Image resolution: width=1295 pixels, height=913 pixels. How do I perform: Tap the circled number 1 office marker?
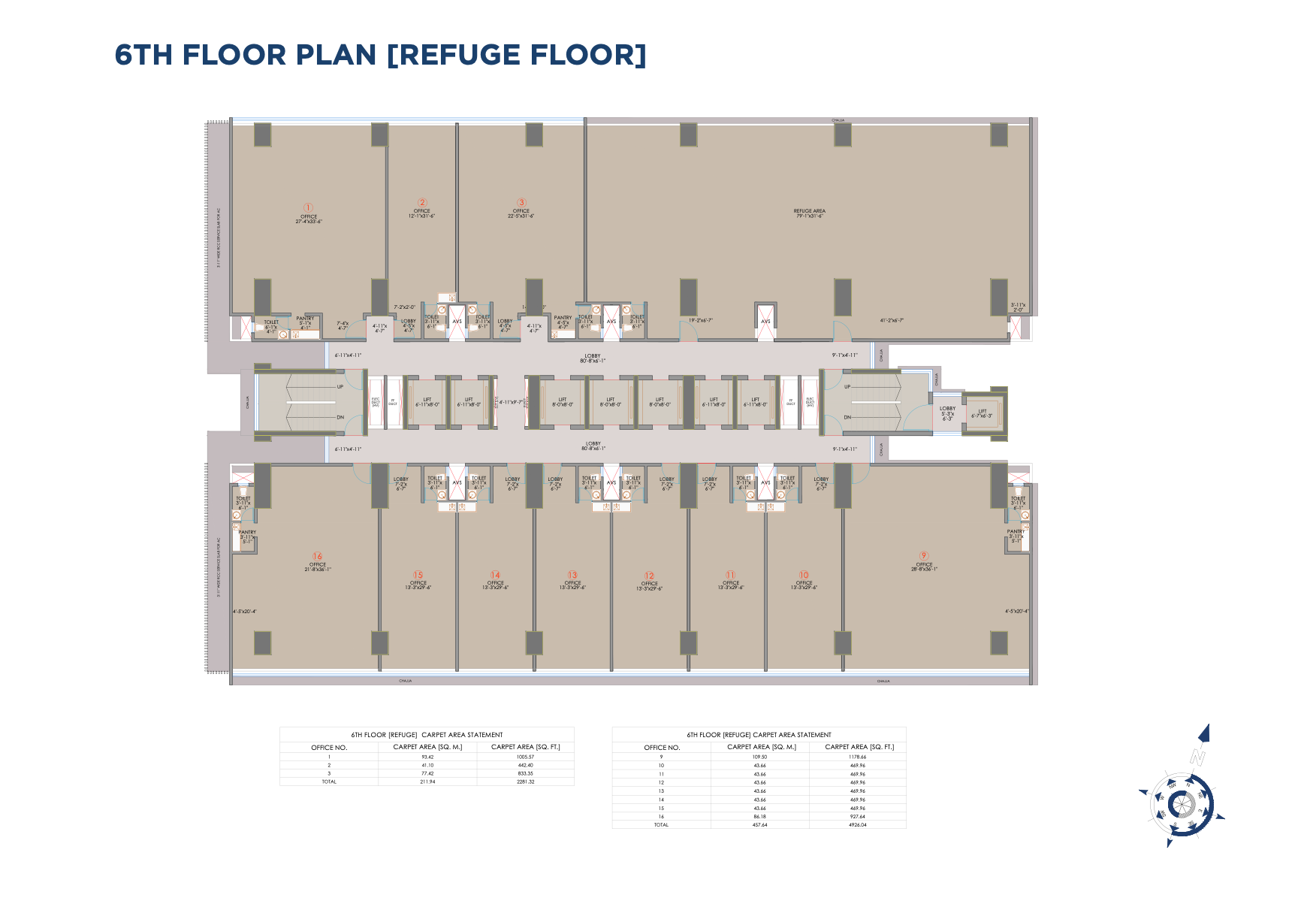(308, 207)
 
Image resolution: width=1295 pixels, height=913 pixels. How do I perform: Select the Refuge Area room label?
(809, 211)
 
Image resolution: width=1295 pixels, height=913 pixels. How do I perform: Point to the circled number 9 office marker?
(924, 556)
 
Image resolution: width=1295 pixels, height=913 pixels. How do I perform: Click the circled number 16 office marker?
(318, 557)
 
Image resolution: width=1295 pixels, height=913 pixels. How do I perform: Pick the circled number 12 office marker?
(650, 576)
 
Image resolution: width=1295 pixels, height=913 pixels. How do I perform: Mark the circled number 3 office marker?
(521, 203)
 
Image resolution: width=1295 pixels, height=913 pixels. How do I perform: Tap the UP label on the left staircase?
(340, 387)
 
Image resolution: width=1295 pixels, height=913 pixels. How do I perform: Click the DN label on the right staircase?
(847, 417)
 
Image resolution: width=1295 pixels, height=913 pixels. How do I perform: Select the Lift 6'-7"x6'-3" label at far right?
(982, 413)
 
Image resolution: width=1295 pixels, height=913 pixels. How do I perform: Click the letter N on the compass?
(1197, 757)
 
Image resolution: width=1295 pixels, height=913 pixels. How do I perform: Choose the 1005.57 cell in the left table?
(525, 757)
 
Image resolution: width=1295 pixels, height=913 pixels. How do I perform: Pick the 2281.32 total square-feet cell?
(525, 781)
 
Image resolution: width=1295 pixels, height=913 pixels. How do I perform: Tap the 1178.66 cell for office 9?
(857, 757)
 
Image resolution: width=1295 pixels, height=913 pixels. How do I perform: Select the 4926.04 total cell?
(857, 824)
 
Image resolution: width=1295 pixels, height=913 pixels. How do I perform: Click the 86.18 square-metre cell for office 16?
(759, 816)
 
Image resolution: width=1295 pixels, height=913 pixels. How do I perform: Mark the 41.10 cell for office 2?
(427, 765)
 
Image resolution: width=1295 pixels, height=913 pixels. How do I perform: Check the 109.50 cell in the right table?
(759, 757)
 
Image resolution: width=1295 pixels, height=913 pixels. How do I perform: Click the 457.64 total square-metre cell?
(759, 824)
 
